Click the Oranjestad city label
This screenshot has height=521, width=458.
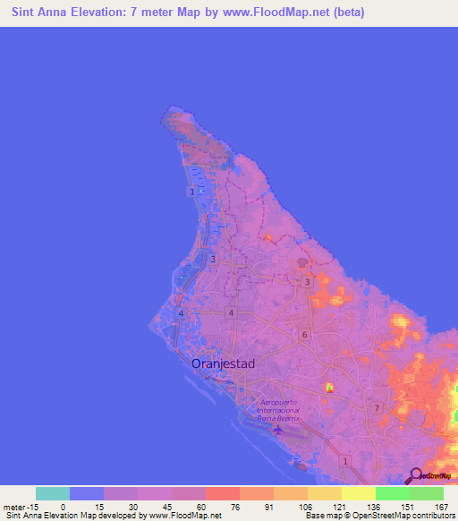click(x=224, y=363)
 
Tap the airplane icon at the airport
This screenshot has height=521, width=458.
click(x=278, y=429)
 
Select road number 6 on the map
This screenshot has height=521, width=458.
click(x=304, y=335)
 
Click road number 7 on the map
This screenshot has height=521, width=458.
click(x=377, y=408)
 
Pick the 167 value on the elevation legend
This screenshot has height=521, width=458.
click(x=441, y=506)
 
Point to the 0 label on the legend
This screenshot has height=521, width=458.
click(x=63, y=506)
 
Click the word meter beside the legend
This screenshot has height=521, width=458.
click(x=13, y=506)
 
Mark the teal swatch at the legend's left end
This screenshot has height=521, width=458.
click(x=52, y=493)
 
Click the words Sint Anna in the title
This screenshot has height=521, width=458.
click(x=41, y=13)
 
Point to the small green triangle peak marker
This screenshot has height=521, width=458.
click(x=329, y=388)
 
